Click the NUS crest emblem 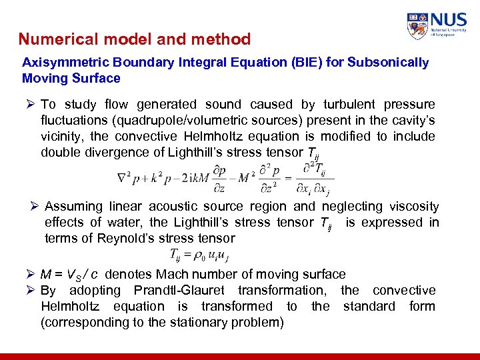tap(417, 27)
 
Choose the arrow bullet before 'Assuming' tap(35, 207)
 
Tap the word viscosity tap(414, 207)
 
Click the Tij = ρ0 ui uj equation tap(203, 255)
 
